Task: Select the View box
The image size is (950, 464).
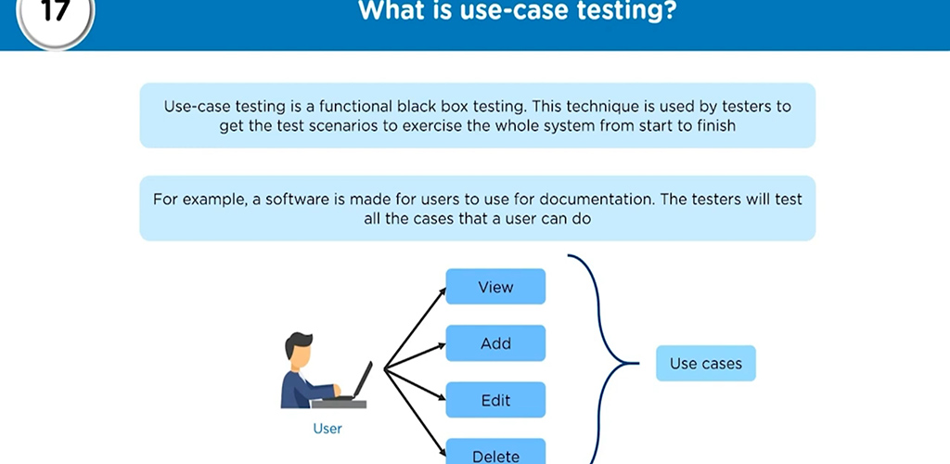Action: click(x=495, y=287)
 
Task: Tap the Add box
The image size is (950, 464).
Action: click(x=495, y=343)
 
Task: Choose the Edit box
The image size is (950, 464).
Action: click(x=495, y=401)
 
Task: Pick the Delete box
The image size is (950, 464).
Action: click(x=495, y=454)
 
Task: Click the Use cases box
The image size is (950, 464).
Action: click(x=705, y=364)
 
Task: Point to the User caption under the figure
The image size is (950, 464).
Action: click(x=327, y=429)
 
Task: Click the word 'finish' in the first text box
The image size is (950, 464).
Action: click(x=713, y=125)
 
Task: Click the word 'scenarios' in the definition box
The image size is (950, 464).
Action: click(x=351, y=125)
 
